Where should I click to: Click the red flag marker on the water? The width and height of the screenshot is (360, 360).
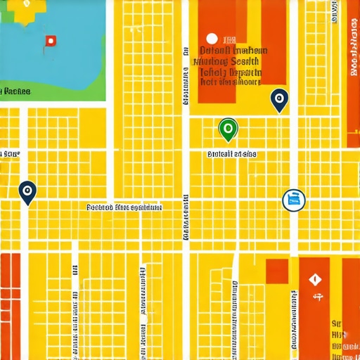coord(50,41)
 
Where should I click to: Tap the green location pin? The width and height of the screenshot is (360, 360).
coord(228,129)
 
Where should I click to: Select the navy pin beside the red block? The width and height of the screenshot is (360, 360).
coord(279,100)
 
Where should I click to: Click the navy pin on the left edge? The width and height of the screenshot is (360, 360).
coord(27,191)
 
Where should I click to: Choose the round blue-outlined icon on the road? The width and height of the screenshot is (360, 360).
coord(293,200)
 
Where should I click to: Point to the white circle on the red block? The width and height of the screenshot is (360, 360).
coord(210,39)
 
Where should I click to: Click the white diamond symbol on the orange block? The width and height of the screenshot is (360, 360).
coord(314,279)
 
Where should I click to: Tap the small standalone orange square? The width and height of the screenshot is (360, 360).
coord(277,271)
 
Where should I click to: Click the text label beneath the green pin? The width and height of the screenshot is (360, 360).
coord(231,153)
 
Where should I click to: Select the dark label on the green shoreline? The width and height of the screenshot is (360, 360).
coord(15,91)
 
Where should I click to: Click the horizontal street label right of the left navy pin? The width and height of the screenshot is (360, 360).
coord(124,207)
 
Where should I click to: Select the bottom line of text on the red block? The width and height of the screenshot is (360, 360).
coord(229,82)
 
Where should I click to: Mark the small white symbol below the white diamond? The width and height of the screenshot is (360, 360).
coord(316,297)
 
